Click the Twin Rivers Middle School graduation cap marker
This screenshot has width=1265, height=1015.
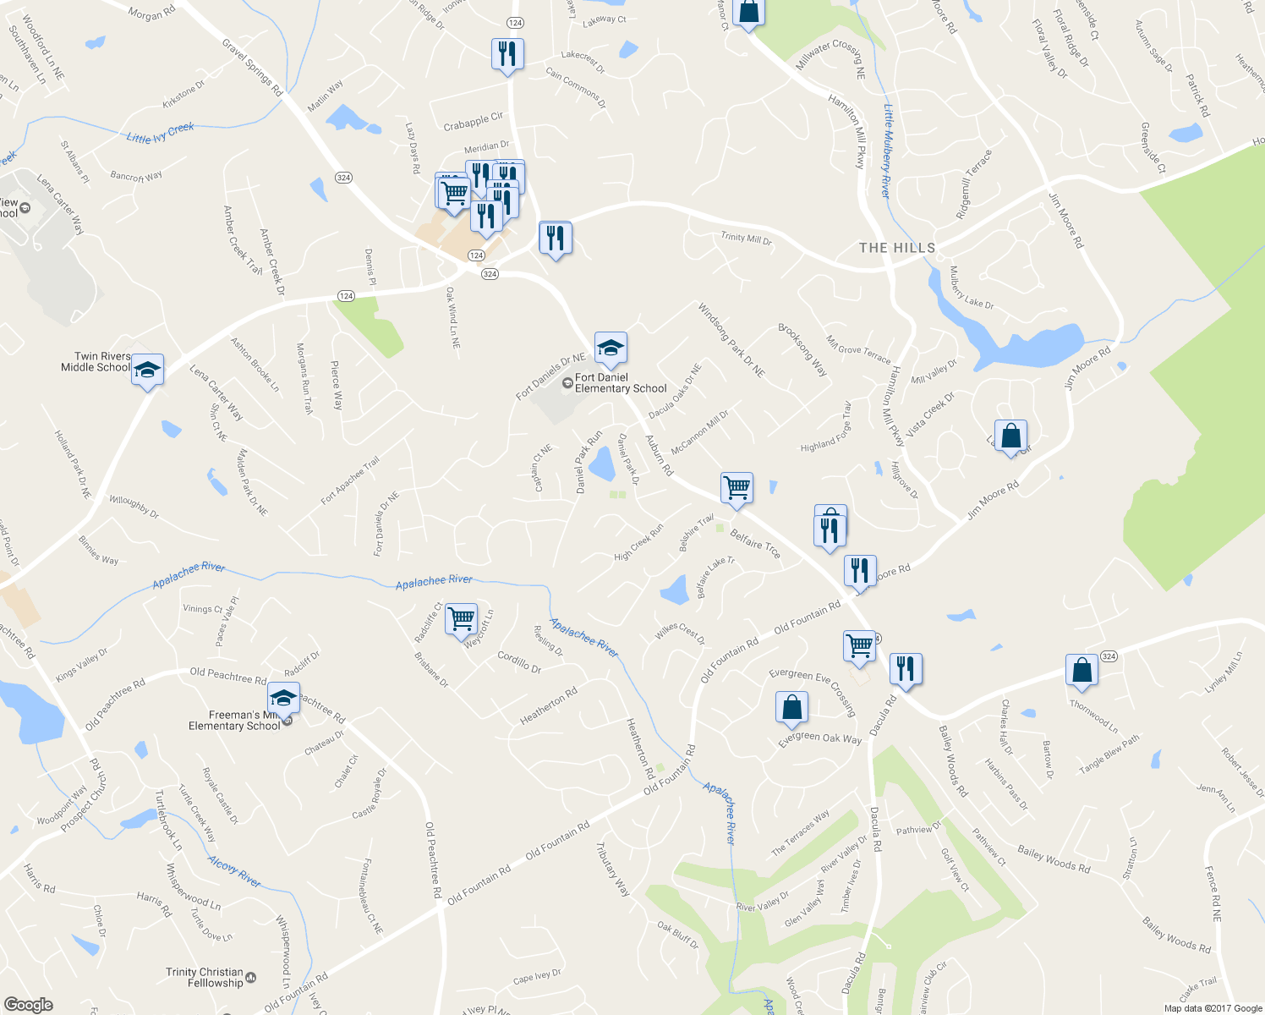tap(147, 370)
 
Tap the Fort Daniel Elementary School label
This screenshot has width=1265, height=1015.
tap(620, 383)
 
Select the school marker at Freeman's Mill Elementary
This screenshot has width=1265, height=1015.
tap(283, 699)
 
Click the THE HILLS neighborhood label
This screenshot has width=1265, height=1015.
tap(897, 248)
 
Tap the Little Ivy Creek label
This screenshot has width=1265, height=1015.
tap(161, 133)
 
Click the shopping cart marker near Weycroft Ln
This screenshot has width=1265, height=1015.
tap(461, 618)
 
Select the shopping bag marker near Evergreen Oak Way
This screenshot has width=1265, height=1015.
tap(791, 707)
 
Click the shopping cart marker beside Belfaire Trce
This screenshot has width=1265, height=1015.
tap(737, 487)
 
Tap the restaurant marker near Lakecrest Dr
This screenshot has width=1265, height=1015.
tap(507, 55)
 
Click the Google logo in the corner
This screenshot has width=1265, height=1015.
tap(29, 1004)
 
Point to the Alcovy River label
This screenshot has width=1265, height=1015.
tap(235, 872)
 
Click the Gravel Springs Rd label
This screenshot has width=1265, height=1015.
tap(252, 67)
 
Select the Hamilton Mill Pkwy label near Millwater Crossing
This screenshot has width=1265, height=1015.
tap(847, 131)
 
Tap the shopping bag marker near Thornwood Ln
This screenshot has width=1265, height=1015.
tap(1082, 670)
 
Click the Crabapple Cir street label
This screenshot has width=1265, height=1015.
tap(474, 122)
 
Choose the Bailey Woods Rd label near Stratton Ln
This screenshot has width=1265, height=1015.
tap(1054, 859)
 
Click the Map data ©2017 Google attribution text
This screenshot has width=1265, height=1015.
tap(1213, 1007)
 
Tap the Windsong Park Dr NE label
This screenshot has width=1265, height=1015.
tap(731, 340)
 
